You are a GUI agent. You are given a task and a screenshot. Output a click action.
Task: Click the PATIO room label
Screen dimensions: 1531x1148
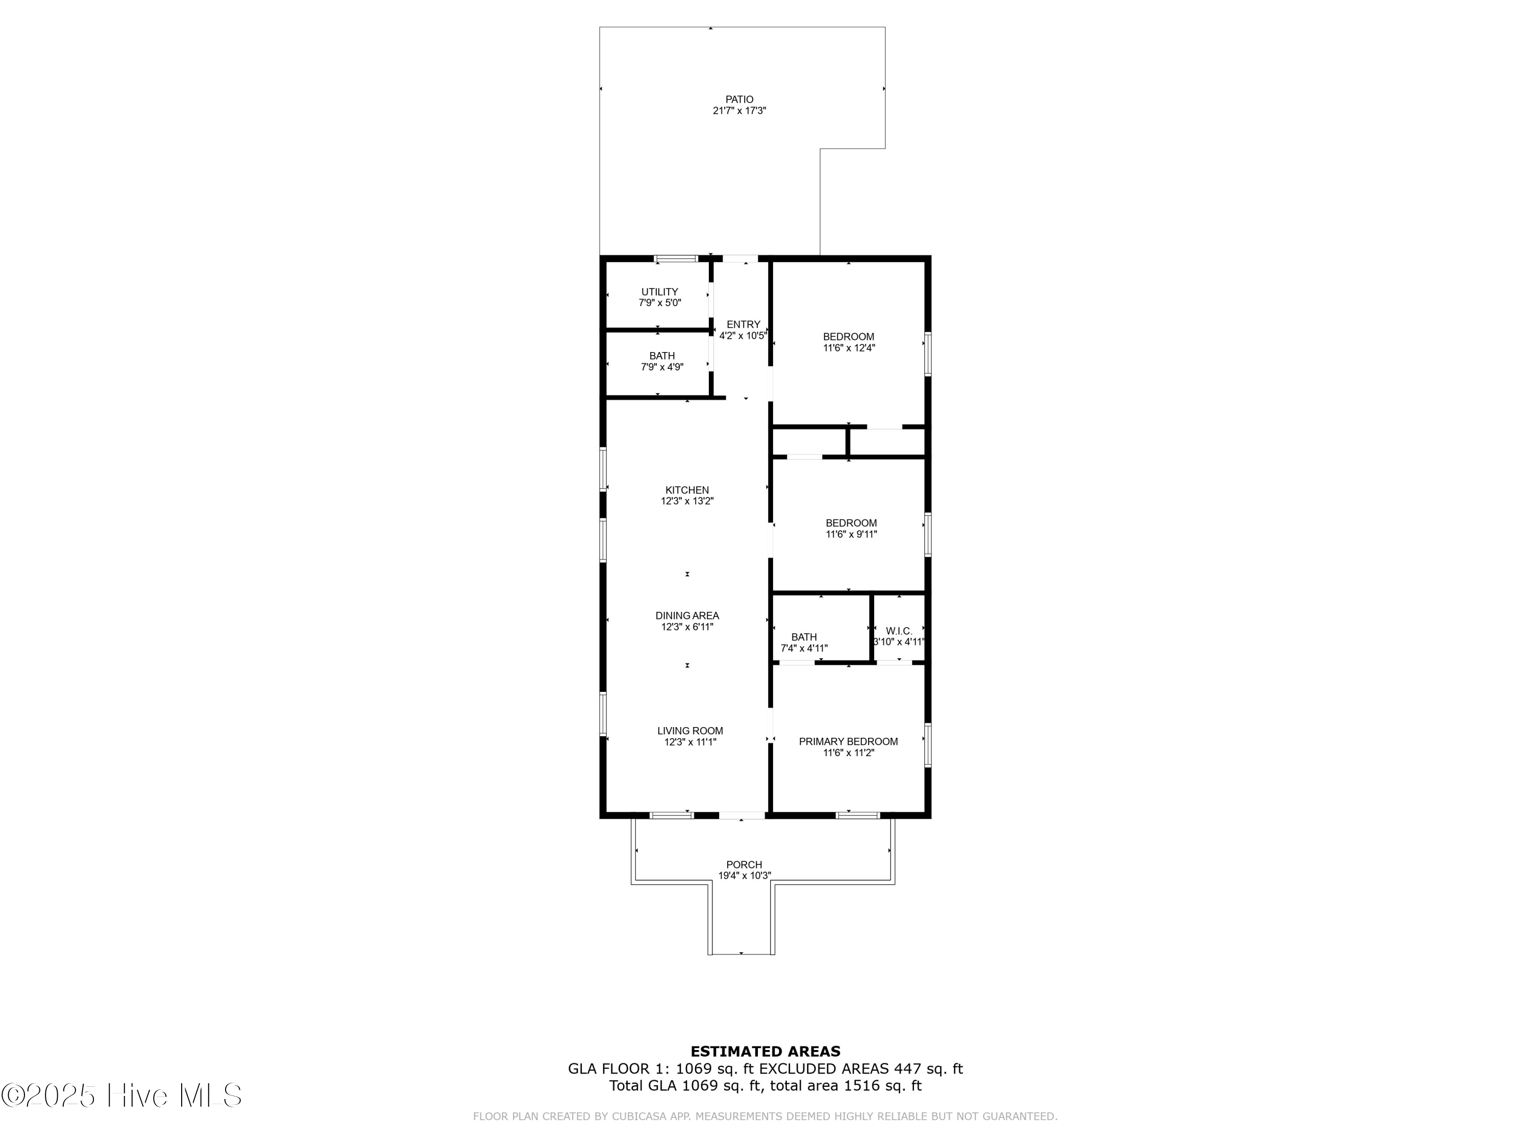[x=739, y=99]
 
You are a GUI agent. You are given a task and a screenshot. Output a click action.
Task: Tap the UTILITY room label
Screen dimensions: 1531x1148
[x=659, y=292]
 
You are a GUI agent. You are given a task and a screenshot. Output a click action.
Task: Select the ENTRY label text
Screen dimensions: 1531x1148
[x=744, y=325]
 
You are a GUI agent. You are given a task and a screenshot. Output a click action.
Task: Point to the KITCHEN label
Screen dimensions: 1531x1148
[x=687, y=490]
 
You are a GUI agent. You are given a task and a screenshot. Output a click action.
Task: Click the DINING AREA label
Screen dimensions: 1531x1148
[x=687, y=616]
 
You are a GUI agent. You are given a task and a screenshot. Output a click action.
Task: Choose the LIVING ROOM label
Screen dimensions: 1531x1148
[x=690, y=731]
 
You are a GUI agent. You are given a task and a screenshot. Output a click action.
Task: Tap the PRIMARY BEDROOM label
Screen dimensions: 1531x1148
[x=849, y=742]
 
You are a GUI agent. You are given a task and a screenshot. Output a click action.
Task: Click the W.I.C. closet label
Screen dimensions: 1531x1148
[x=899, y=631]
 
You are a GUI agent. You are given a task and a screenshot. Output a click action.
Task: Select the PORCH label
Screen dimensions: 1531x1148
[x=744, y=865]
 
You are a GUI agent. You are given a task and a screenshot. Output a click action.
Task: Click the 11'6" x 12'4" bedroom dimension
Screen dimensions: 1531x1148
[x=849, y=348]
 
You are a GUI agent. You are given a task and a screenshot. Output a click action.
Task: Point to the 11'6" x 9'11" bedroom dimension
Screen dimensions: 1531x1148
[x=851, y=534]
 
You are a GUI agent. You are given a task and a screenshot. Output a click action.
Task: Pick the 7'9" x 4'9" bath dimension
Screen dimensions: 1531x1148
[x=662, y=367]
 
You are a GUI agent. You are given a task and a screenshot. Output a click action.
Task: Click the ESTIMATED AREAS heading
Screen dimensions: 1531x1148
[x=765, y=1052]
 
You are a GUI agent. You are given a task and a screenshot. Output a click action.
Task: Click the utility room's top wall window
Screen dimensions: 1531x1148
[x=676, y=259]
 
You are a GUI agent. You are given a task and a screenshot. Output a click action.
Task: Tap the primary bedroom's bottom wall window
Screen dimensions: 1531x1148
[x=857, y=815]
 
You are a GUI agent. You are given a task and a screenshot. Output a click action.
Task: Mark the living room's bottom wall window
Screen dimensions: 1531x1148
[x=672, y=815]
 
